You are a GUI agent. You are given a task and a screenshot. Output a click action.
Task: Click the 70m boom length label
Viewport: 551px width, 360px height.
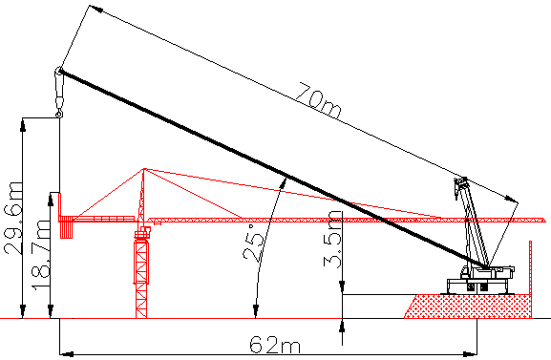click(x=318, y=100)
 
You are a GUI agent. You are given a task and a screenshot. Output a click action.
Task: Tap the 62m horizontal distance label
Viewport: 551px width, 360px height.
click(x=275, y=345)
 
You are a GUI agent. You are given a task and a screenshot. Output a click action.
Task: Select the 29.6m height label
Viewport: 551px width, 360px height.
click(x=13, y=219)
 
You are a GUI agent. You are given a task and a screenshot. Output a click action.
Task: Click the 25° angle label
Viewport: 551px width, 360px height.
click(x=253, y=243)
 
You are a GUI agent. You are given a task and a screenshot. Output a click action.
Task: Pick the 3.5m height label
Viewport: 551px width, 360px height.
click(x=332, y=239)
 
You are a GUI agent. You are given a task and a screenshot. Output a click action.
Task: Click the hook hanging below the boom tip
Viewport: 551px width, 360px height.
click(x=59, y=114)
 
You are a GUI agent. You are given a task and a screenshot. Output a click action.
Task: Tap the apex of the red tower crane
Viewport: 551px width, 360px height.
click(x=144, y=169)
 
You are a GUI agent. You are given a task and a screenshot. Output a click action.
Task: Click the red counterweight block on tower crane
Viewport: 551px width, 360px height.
click(x=66, y=227)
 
